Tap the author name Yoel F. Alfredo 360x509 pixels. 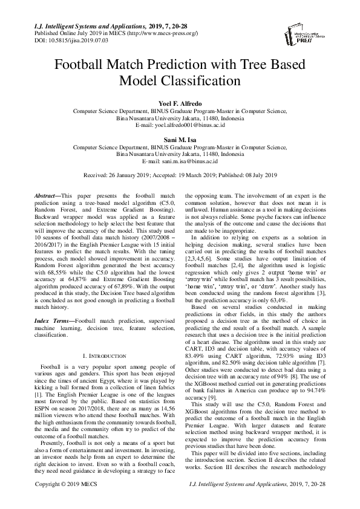pyautogui.click(x=180, y=104)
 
